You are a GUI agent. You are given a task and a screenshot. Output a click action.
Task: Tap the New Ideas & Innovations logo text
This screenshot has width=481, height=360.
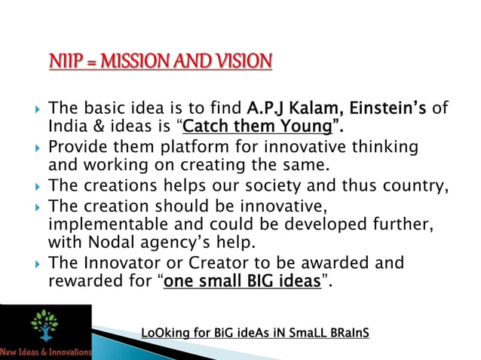click(47, 351)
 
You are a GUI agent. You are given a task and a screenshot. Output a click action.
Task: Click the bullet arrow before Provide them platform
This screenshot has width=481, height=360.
click(38, 145)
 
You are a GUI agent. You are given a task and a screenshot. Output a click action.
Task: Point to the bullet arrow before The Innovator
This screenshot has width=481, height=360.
click(38, 263)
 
